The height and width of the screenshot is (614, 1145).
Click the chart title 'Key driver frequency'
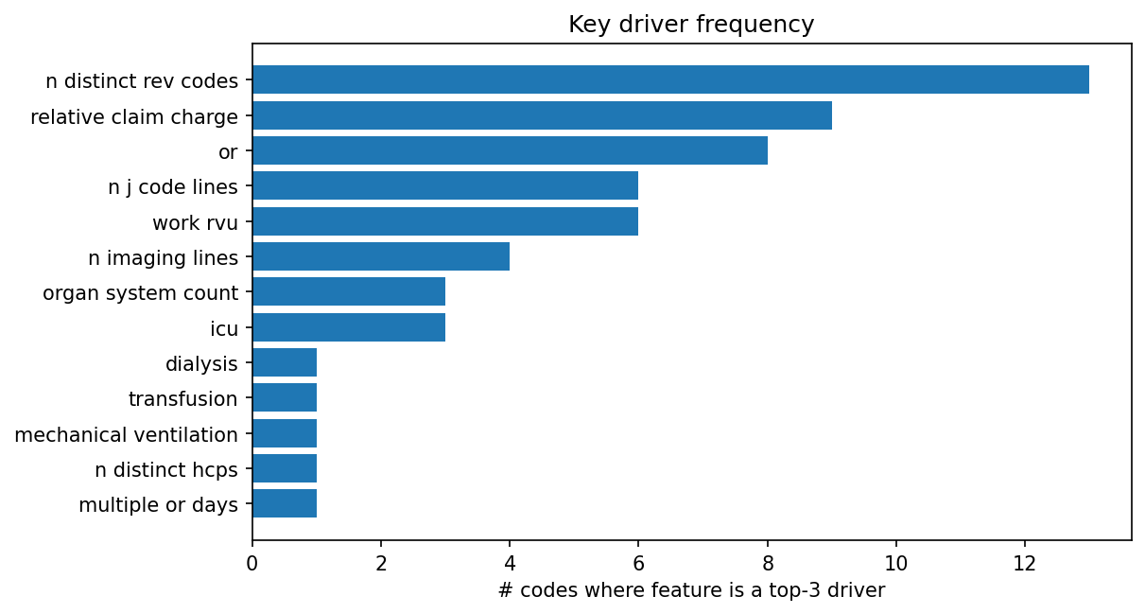pyautogui.click(x=691, y=25)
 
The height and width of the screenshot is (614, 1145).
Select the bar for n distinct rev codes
pyautogui.click(x=670, y=79)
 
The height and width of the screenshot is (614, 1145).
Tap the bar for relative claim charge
pyautogui.click(x=542, y=115)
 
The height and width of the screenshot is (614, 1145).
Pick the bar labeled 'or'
pyautogui.click(x=510, y=150)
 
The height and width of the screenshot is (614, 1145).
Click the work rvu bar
pyautogui.click(x=445, y=221)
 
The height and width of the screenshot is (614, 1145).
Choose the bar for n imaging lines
pyautogui.click(x=381, y=256)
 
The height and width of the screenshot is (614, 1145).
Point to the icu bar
pyautogui.click(x=349, y=327)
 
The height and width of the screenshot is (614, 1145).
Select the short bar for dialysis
pyautogui.click(x=285, y=362)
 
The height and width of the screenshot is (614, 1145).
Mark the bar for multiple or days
pyautogui.click(x=285, y=503)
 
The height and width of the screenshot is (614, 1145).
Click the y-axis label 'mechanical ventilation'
pyautogui.click(x=127, y=435)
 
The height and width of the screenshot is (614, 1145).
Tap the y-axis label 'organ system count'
pyautogui.click(x=140, y=293)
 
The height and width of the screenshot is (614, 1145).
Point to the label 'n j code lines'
pyautogui.click(x=173, y=187)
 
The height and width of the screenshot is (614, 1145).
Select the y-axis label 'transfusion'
pyautogui.click(x=183, y=399)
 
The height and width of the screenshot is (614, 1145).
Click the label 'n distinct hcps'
pyautogui.click(x=166, y=470)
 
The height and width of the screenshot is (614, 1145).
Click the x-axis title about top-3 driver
pyautogui.click(x=691, y=591)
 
